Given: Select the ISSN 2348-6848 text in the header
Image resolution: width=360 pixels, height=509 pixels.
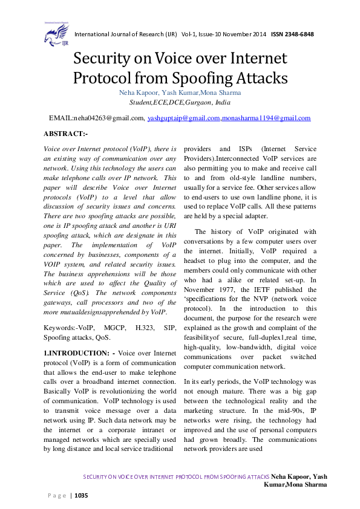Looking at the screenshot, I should pos(292,34).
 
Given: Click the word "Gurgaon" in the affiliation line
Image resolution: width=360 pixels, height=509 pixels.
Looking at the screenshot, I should pos(205,103).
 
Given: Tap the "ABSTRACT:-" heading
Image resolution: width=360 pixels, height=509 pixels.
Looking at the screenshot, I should pos(66,133).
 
